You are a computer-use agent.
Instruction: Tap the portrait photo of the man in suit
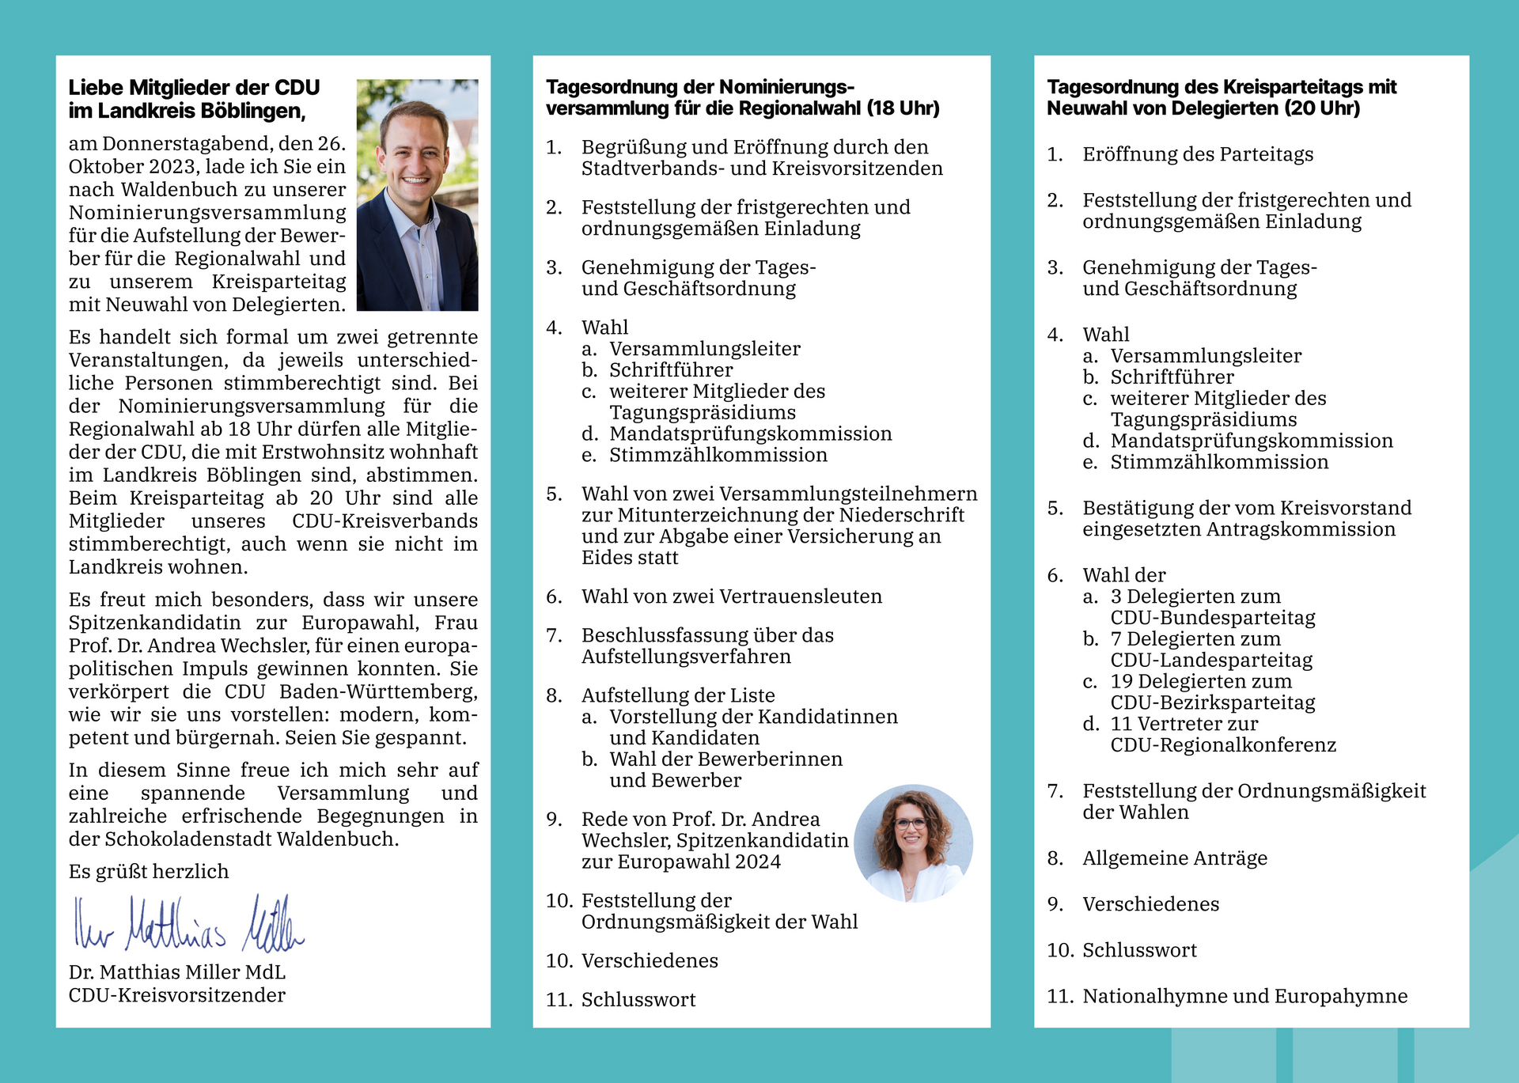click(417, 195)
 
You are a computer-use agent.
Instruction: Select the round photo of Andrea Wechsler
click(913, 843)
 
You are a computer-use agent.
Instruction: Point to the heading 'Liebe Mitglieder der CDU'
click(194, 87)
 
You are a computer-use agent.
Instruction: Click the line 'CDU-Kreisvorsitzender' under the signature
click(176, 995)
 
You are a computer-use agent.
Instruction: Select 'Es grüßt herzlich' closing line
click(149, 871)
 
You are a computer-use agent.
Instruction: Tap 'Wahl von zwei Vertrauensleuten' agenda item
click(731, 596)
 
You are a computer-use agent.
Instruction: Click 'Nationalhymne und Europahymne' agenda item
click(1244, 996)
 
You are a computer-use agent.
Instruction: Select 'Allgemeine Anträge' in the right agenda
click(1174, 858)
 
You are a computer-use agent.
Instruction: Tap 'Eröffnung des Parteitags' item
click(1197, 154)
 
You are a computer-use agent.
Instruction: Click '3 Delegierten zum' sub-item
click(1195, 596)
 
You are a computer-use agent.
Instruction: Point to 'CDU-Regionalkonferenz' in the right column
click(1222, 745)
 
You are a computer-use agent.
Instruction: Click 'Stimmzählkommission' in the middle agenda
click(718, 455)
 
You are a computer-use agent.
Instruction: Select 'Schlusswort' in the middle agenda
click(638, 1000)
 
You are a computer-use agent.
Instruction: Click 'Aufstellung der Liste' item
click(677, 695)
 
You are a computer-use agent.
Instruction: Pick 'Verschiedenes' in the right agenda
click(1150, 904)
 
